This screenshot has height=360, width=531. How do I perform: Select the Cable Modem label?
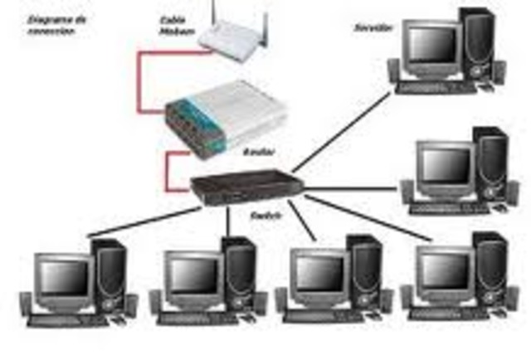pyautogui.click(x=173, y=25)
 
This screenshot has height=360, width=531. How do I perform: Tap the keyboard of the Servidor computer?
pyautogui.click(x=436, y=86)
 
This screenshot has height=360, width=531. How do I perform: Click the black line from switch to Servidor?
pyautogui.click(x=340, y=133)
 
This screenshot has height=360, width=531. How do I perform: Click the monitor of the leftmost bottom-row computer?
pyautogui.click(x=63, y=277)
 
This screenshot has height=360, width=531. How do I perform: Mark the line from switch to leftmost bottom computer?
pyautogui.click(x=141, y=220)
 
